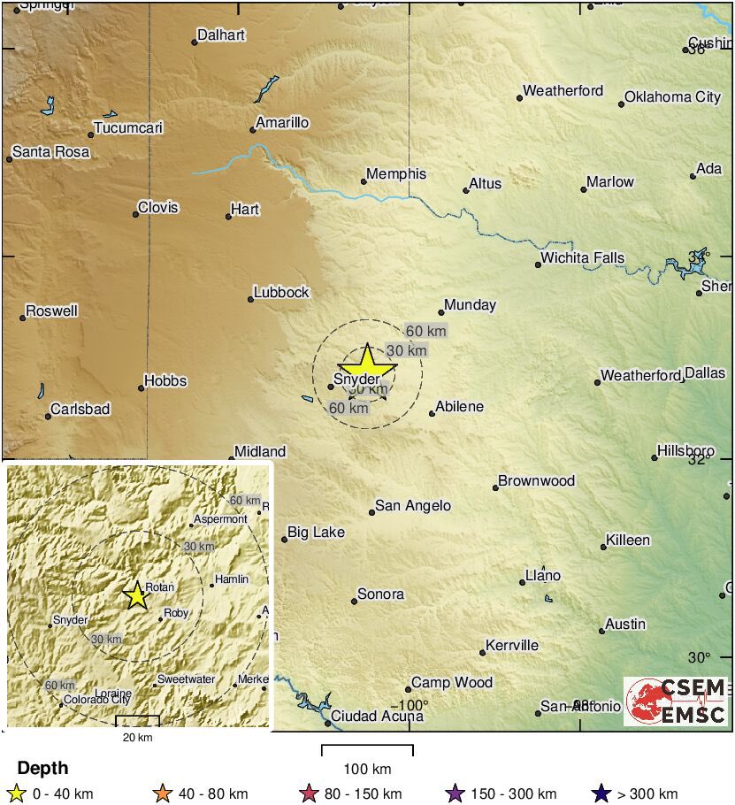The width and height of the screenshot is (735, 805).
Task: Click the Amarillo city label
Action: point(282,123)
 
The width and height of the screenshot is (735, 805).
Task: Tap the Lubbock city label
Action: point(281,292)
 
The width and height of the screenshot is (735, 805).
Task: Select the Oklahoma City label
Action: point(672,97)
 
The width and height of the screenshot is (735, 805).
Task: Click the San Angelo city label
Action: point(413,506)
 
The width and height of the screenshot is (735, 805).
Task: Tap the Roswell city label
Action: point(52,311)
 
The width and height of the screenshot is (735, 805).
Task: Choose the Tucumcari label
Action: point(128,128)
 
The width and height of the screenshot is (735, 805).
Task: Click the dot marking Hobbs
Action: point(142,387)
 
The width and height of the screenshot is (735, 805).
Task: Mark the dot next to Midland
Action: point(232,458)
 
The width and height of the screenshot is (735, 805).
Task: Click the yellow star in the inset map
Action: point(136,596)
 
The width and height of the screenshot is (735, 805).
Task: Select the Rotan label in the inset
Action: point(160,586)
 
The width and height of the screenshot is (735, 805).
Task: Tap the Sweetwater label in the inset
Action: point(186,679)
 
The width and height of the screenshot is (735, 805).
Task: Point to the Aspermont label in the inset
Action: point(220,519)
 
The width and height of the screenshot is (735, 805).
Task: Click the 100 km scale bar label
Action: point(367,769)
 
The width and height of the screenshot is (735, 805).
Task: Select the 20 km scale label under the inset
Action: point(137,737)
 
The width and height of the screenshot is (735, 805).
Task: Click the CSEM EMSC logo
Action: point(677,701)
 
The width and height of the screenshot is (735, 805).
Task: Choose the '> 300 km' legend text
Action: point(647,793)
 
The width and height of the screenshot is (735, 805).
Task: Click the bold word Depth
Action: point(42,768)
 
